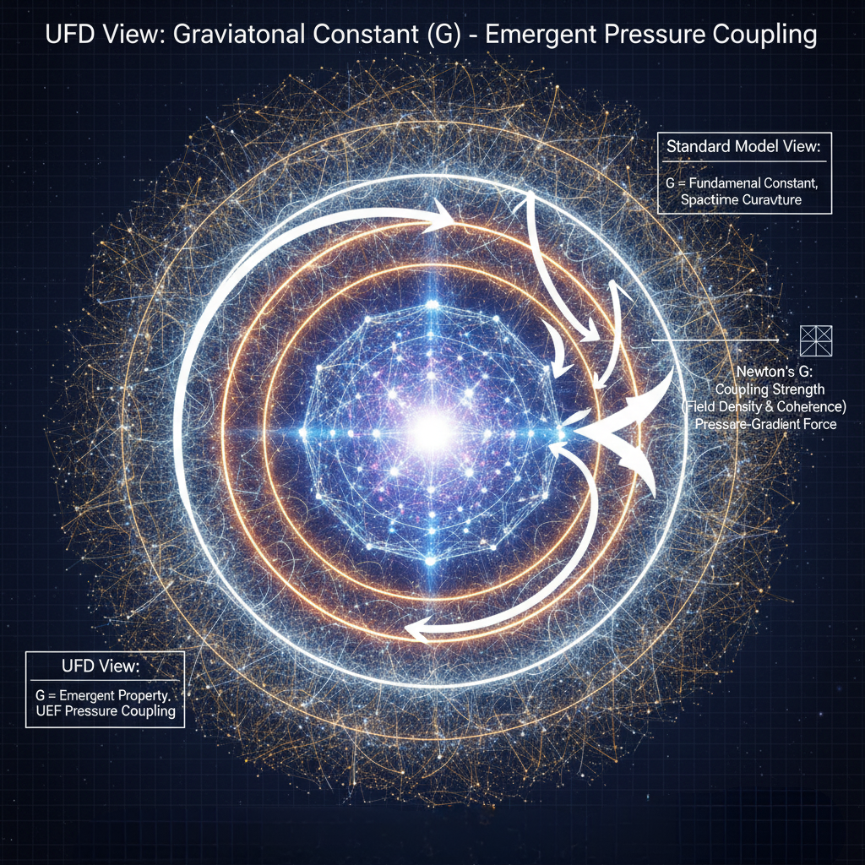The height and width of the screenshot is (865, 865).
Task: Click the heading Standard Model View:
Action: pos(743,146)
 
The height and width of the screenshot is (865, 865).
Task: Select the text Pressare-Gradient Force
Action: pos(765,423)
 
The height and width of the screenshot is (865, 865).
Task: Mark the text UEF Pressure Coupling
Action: pos(106,710)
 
